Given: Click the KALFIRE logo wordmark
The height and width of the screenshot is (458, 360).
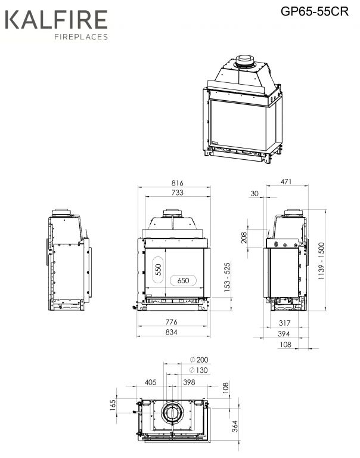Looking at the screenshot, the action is [x=57, y=19].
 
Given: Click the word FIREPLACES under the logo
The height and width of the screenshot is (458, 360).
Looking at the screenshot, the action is [x=81, y=37].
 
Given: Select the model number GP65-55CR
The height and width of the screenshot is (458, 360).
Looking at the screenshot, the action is [x=315, y=11].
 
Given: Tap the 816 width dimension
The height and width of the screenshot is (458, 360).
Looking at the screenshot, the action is [x=177, y=183].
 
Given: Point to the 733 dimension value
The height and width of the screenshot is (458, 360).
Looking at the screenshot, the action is [x=177, y=193].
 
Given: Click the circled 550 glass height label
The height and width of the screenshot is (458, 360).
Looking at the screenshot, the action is [x=158, y=270].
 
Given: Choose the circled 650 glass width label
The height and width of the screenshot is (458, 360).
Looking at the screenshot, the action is [x=183, y=281].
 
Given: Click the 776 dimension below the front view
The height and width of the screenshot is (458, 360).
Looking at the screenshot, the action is [x=172, y=322].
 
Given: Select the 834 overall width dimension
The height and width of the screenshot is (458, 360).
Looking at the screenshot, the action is [x=172, y=332].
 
